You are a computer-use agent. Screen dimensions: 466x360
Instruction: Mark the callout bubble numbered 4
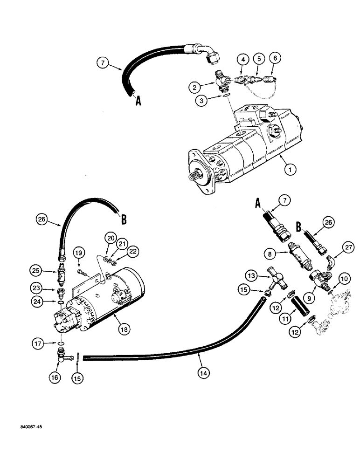242,59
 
